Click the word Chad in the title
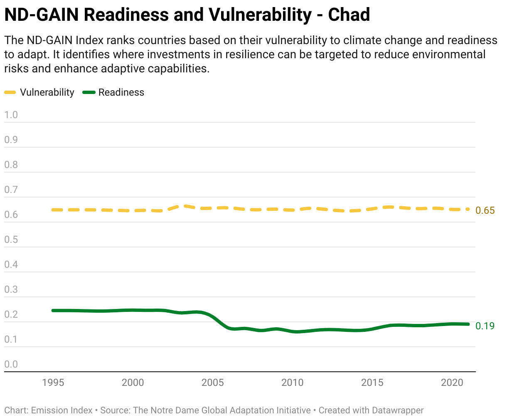(349, 15)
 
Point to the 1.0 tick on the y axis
(11, 115)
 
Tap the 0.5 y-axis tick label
(11, 240)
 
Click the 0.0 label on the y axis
(11, 364)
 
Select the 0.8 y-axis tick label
(11, 165)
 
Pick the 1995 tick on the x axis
(53, 383)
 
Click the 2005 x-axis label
(212, 383)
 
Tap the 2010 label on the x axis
(292, 383)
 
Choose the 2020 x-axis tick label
(452, 383)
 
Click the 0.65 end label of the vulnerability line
(485, 210)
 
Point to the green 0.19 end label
(485, 326)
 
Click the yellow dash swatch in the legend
(10, 92)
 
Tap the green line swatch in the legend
(89, 92)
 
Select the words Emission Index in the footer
(62, 410)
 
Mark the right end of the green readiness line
(468, 324)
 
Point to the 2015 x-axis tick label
(372, 383)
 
